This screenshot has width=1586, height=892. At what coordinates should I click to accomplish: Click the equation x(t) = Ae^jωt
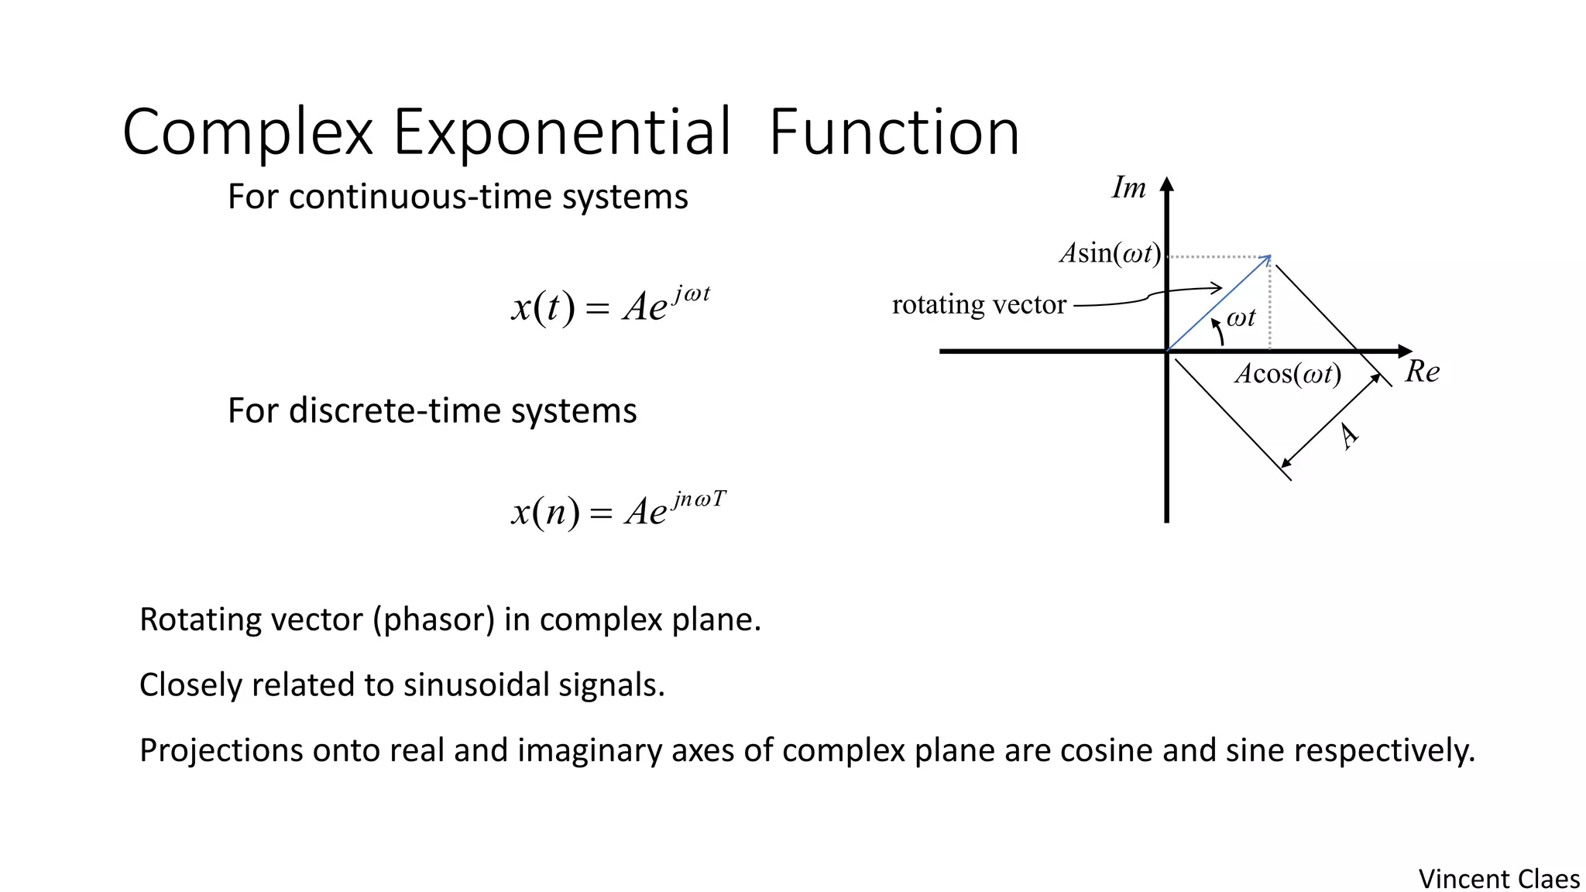click(610, 305)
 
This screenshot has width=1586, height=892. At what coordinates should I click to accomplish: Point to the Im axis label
click(1128, 188)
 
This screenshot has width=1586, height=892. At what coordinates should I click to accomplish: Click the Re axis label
click(1422, 372)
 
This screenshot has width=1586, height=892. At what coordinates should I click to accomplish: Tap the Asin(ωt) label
click(1110, 253)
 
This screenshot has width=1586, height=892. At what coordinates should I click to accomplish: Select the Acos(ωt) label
click(1287, 374)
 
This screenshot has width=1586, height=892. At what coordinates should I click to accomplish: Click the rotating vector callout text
click(979, 304)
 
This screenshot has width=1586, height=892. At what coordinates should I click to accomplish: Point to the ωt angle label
click(1241, 317)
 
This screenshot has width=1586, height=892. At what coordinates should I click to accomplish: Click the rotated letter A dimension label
click(1348, 437)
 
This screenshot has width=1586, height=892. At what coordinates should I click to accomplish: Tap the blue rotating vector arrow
click(1218, 304)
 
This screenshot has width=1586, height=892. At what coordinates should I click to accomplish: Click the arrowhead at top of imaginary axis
click(1167, 184)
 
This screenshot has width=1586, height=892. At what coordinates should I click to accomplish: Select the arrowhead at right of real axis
click(1405, 352)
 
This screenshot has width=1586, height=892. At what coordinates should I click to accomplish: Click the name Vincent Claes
click(1498, 879)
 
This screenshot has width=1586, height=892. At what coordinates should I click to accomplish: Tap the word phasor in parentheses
click(434, 619)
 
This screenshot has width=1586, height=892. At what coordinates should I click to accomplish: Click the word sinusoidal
click(475, 684)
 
